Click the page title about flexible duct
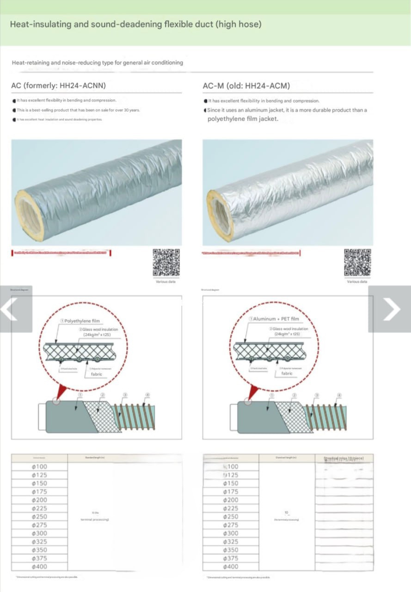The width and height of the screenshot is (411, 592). (135, 24)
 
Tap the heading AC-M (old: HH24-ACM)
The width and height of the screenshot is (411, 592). (246, 86)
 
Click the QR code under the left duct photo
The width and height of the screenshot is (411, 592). (166, 263)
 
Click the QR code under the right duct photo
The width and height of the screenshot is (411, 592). (357, 263)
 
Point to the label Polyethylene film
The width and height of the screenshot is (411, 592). (82, 321)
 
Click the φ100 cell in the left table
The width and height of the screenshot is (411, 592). (39, 467)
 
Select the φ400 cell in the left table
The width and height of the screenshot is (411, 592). (39, 567)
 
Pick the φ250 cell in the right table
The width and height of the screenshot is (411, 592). (231, 517)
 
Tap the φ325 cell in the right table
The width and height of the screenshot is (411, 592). (231, 542)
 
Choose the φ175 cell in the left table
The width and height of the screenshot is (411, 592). (39, 492)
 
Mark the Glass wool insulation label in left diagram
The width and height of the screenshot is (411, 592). (100, 329)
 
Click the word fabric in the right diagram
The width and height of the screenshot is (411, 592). (287, 373)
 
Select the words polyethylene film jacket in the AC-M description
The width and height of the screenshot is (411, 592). (243, 119)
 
